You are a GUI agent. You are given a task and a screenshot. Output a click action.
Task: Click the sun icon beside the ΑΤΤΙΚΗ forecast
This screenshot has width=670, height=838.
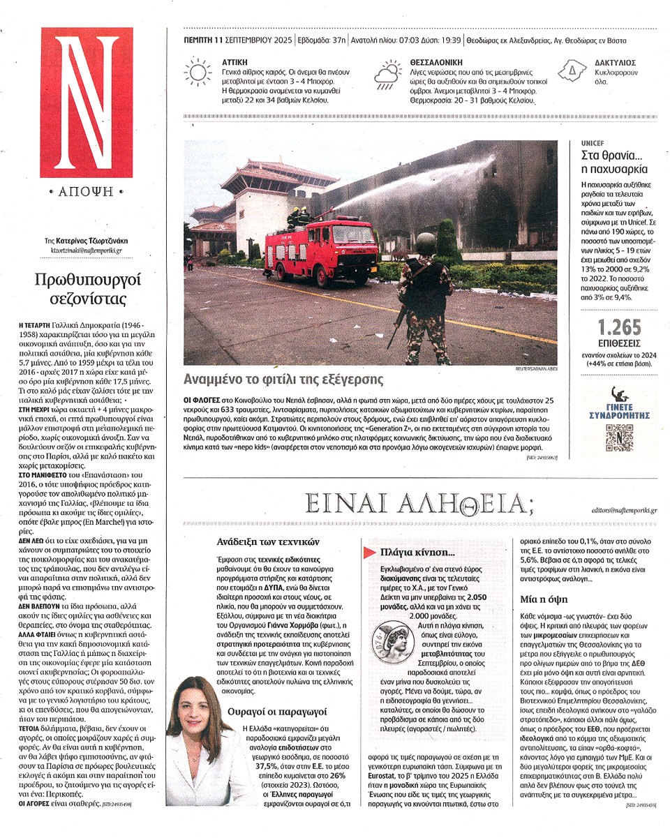pyautogui.click(x=198, y=72)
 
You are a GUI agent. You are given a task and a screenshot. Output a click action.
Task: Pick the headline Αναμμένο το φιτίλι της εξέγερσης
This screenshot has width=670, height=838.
pyautogui.click(x=283, y=380)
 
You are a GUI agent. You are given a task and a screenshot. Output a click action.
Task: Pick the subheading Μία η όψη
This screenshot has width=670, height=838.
pyautogui.click(x=544, y=599)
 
